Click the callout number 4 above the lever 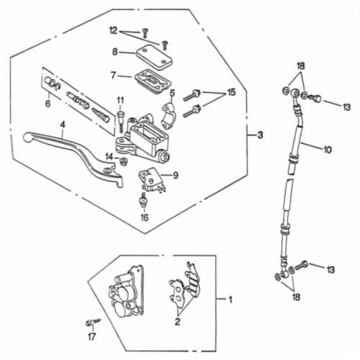pyautogui.click(x=63, y=125)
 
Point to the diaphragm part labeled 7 pyautogui.click(x=153, y=81)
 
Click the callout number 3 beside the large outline pyautogui.click(x=260, y=135)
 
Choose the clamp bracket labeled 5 pyautogui.click(x=168, y=115)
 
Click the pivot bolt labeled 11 pyautogui.click(x=120, y=121)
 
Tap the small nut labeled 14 pyautogui.click(x=124, y=161)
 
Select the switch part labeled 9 pyautogui.click(x=151, y=180)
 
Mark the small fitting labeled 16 pyautogui.click(x=143, y=200)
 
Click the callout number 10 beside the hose pyautogui.click(x=328, y=150)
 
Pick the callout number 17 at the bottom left pyautogui.click(x=91, y=337)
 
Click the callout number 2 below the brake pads pyautogui.click(x=177, y=322)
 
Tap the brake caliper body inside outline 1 pyautogui.click(x=127, y=293)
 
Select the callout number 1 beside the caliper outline pyautogui.click(x=230, y=300)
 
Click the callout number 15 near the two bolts pyautogui.click(x=231, y=92)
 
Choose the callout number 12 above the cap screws pyautogui.click(x=113, y=31)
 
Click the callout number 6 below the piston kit pyautogui.click(x=48, y=104)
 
